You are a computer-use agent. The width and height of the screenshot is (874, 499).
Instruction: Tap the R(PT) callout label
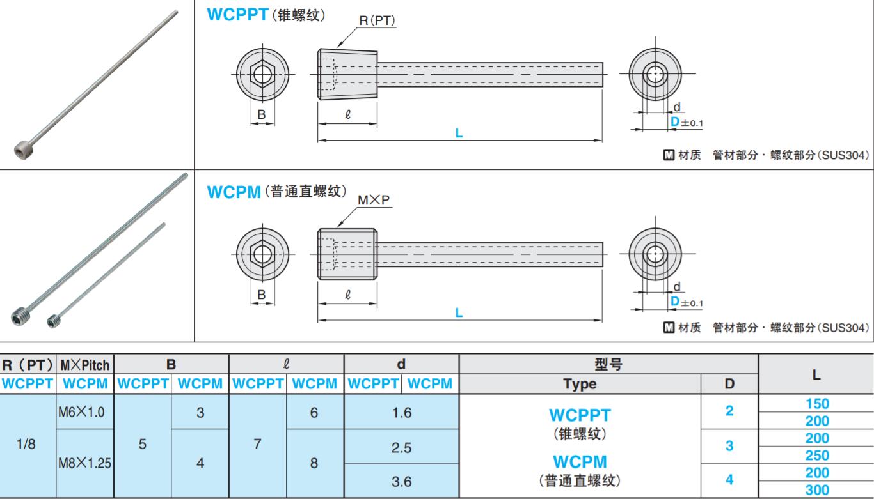pos(377,20)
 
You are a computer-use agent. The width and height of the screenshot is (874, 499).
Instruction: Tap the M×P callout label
pos(374,200)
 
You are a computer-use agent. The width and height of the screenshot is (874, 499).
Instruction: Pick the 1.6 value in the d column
pos(401,413)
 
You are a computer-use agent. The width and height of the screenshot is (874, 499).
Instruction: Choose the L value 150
pos(817,404)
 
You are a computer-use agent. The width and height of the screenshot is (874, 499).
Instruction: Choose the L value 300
pos(817,490)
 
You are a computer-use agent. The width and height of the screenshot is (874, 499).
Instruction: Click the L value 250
pos(817,456)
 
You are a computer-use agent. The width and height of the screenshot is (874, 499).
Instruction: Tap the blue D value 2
pos(729,411)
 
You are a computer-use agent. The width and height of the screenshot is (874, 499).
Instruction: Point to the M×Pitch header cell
pos(85,365)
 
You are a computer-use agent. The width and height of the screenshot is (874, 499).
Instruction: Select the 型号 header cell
pos(608,365)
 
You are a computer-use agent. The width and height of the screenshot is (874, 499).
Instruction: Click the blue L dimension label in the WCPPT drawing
pos(459,134)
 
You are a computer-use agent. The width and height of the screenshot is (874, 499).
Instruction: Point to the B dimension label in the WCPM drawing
pos(261,295)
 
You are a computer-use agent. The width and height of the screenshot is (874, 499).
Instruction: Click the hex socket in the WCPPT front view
pos(262,74)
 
